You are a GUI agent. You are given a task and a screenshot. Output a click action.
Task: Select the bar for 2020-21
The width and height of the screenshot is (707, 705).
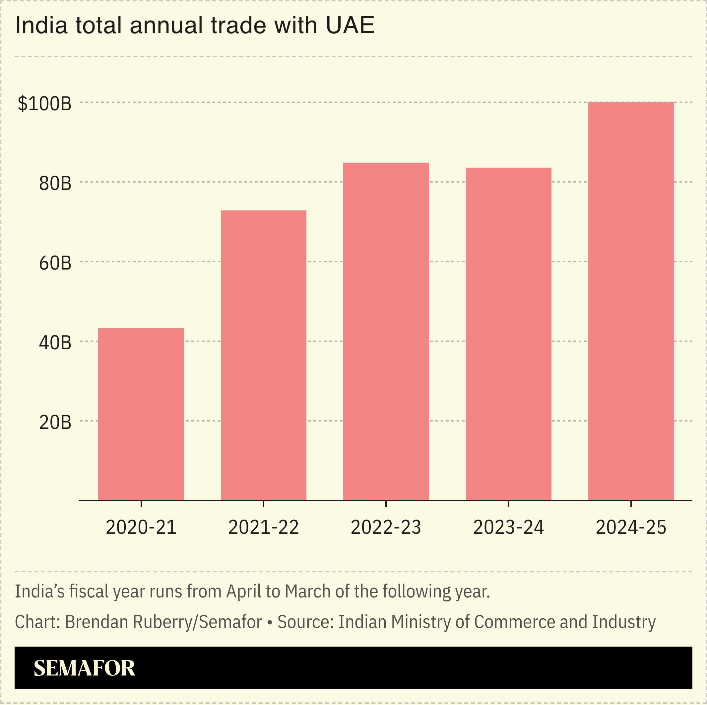point(141,414)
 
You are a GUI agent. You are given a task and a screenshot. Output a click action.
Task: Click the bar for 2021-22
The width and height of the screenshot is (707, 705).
point(264,355)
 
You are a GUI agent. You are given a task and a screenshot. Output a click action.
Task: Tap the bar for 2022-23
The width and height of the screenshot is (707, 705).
point(386,332)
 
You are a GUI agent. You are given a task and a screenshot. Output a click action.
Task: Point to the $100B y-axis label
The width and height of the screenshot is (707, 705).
point(45,104)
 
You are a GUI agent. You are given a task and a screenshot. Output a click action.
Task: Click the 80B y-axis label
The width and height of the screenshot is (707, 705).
point(55,183)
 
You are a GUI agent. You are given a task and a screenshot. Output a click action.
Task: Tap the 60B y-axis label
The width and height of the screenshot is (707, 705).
point(55,263)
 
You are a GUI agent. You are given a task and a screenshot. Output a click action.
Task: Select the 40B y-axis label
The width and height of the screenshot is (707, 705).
point(55,343)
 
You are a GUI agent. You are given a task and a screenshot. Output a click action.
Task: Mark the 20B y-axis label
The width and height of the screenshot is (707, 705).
point(55,422)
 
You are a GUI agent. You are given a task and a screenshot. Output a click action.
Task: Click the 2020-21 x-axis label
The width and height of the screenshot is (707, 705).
point(141,527)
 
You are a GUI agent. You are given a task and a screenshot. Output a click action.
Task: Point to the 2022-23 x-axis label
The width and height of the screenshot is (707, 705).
point(386,527)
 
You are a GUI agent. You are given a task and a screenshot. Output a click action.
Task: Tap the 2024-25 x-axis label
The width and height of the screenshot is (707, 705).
point(631,527)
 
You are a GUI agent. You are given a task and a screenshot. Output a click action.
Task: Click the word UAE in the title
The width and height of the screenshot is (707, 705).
point(350,26)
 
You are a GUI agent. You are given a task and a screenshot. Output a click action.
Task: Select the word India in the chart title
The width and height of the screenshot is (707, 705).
point(41,26)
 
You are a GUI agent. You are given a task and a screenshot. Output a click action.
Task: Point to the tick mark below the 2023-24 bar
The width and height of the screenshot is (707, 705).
point(508,504)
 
